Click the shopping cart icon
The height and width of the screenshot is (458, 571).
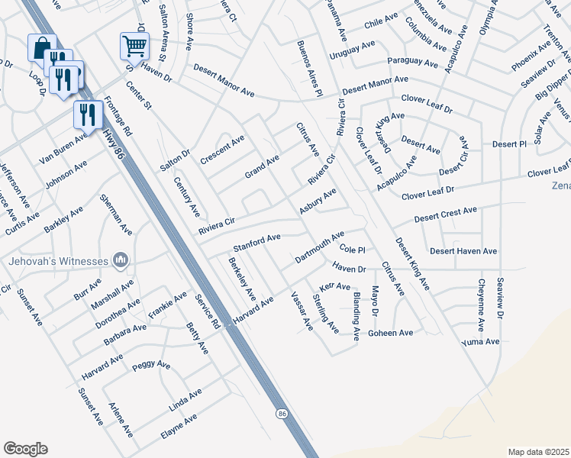point(134,46)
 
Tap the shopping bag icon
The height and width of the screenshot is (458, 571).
point(42,47)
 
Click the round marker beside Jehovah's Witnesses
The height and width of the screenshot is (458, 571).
point(120,262)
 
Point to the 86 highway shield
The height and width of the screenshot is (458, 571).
point(282,413)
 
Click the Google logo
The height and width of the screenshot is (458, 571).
point(25,449)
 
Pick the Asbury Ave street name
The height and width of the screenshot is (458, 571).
point(318,202)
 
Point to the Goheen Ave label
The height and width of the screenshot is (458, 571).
point(390,333)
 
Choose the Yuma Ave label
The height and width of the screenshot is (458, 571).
point(481,343)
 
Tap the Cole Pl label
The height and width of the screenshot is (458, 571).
point(353,250)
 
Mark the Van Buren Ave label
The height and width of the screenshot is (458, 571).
point(63,141)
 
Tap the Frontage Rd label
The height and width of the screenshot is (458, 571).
point(118,115)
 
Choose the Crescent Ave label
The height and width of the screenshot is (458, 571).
point(222,150)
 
